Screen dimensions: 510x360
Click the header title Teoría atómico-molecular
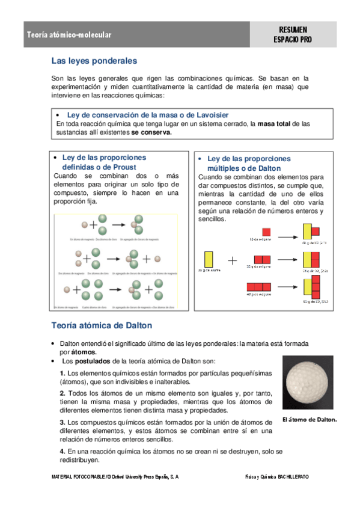pos(69,35)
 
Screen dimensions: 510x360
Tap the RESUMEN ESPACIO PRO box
pos(293,35)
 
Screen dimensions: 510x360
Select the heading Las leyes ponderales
pos(94,61)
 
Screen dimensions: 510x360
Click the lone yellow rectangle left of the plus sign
pos(209,259)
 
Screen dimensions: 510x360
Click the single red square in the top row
pos(266,232)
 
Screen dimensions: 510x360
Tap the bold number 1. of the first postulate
pos(63,373)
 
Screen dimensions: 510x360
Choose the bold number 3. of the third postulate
pos(63,422)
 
